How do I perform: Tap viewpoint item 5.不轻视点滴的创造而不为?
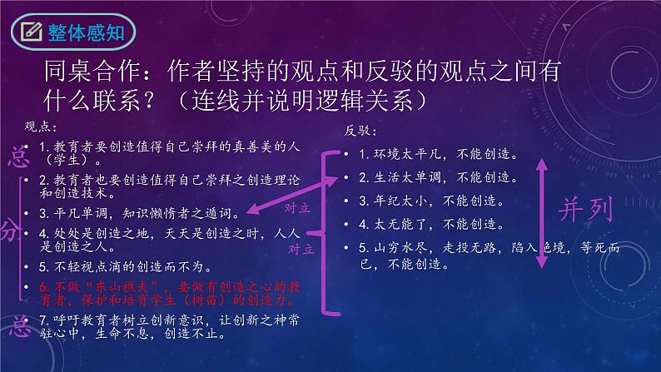pos(133,267)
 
